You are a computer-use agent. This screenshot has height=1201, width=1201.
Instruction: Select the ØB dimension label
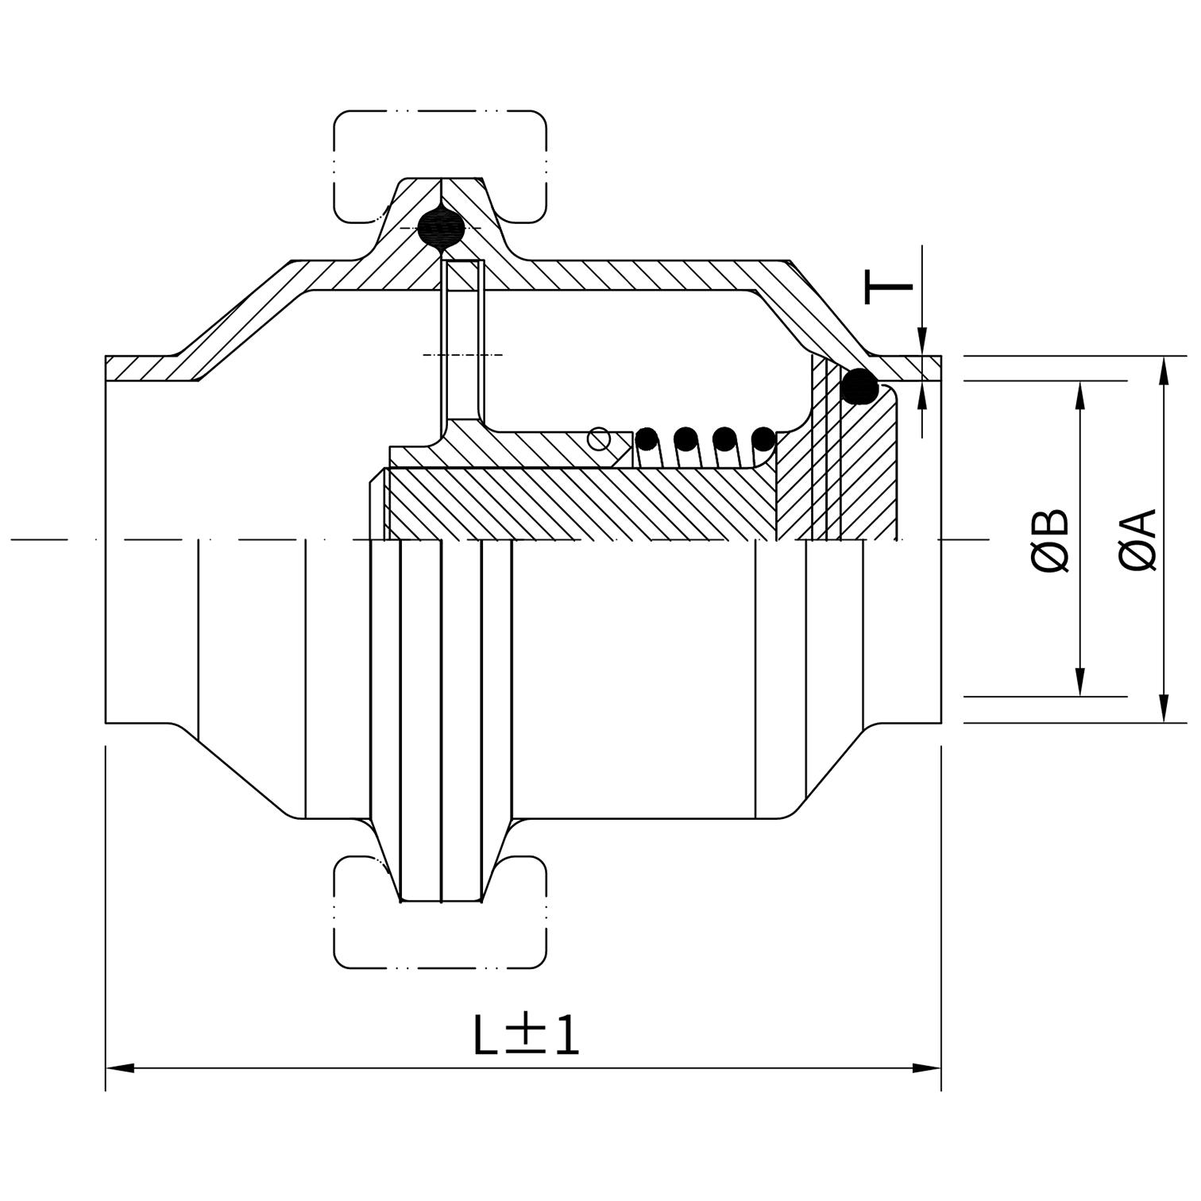pos(1051,541)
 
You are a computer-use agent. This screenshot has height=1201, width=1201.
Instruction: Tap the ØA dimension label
pos(1137,541)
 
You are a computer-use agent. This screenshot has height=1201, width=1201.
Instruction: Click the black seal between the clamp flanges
pos(442,228)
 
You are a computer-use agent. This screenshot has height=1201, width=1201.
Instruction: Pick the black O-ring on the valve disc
pos(859,387)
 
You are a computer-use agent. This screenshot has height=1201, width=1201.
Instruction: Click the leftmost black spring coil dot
pos(647,438)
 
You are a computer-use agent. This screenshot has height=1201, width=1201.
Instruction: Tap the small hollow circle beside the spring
pos(599,438)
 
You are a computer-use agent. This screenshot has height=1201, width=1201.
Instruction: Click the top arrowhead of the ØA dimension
pos(1163,370)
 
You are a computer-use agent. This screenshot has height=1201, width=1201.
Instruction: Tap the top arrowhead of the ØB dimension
pos(1080,394)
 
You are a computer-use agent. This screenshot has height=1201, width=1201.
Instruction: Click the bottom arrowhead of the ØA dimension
pos(1163,709)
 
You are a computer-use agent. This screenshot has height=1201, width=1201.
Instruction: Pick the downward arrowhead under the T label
pos(921,342)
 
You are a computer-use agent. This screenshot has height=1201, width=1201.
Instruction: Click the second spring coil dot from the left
pos(685,438)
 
